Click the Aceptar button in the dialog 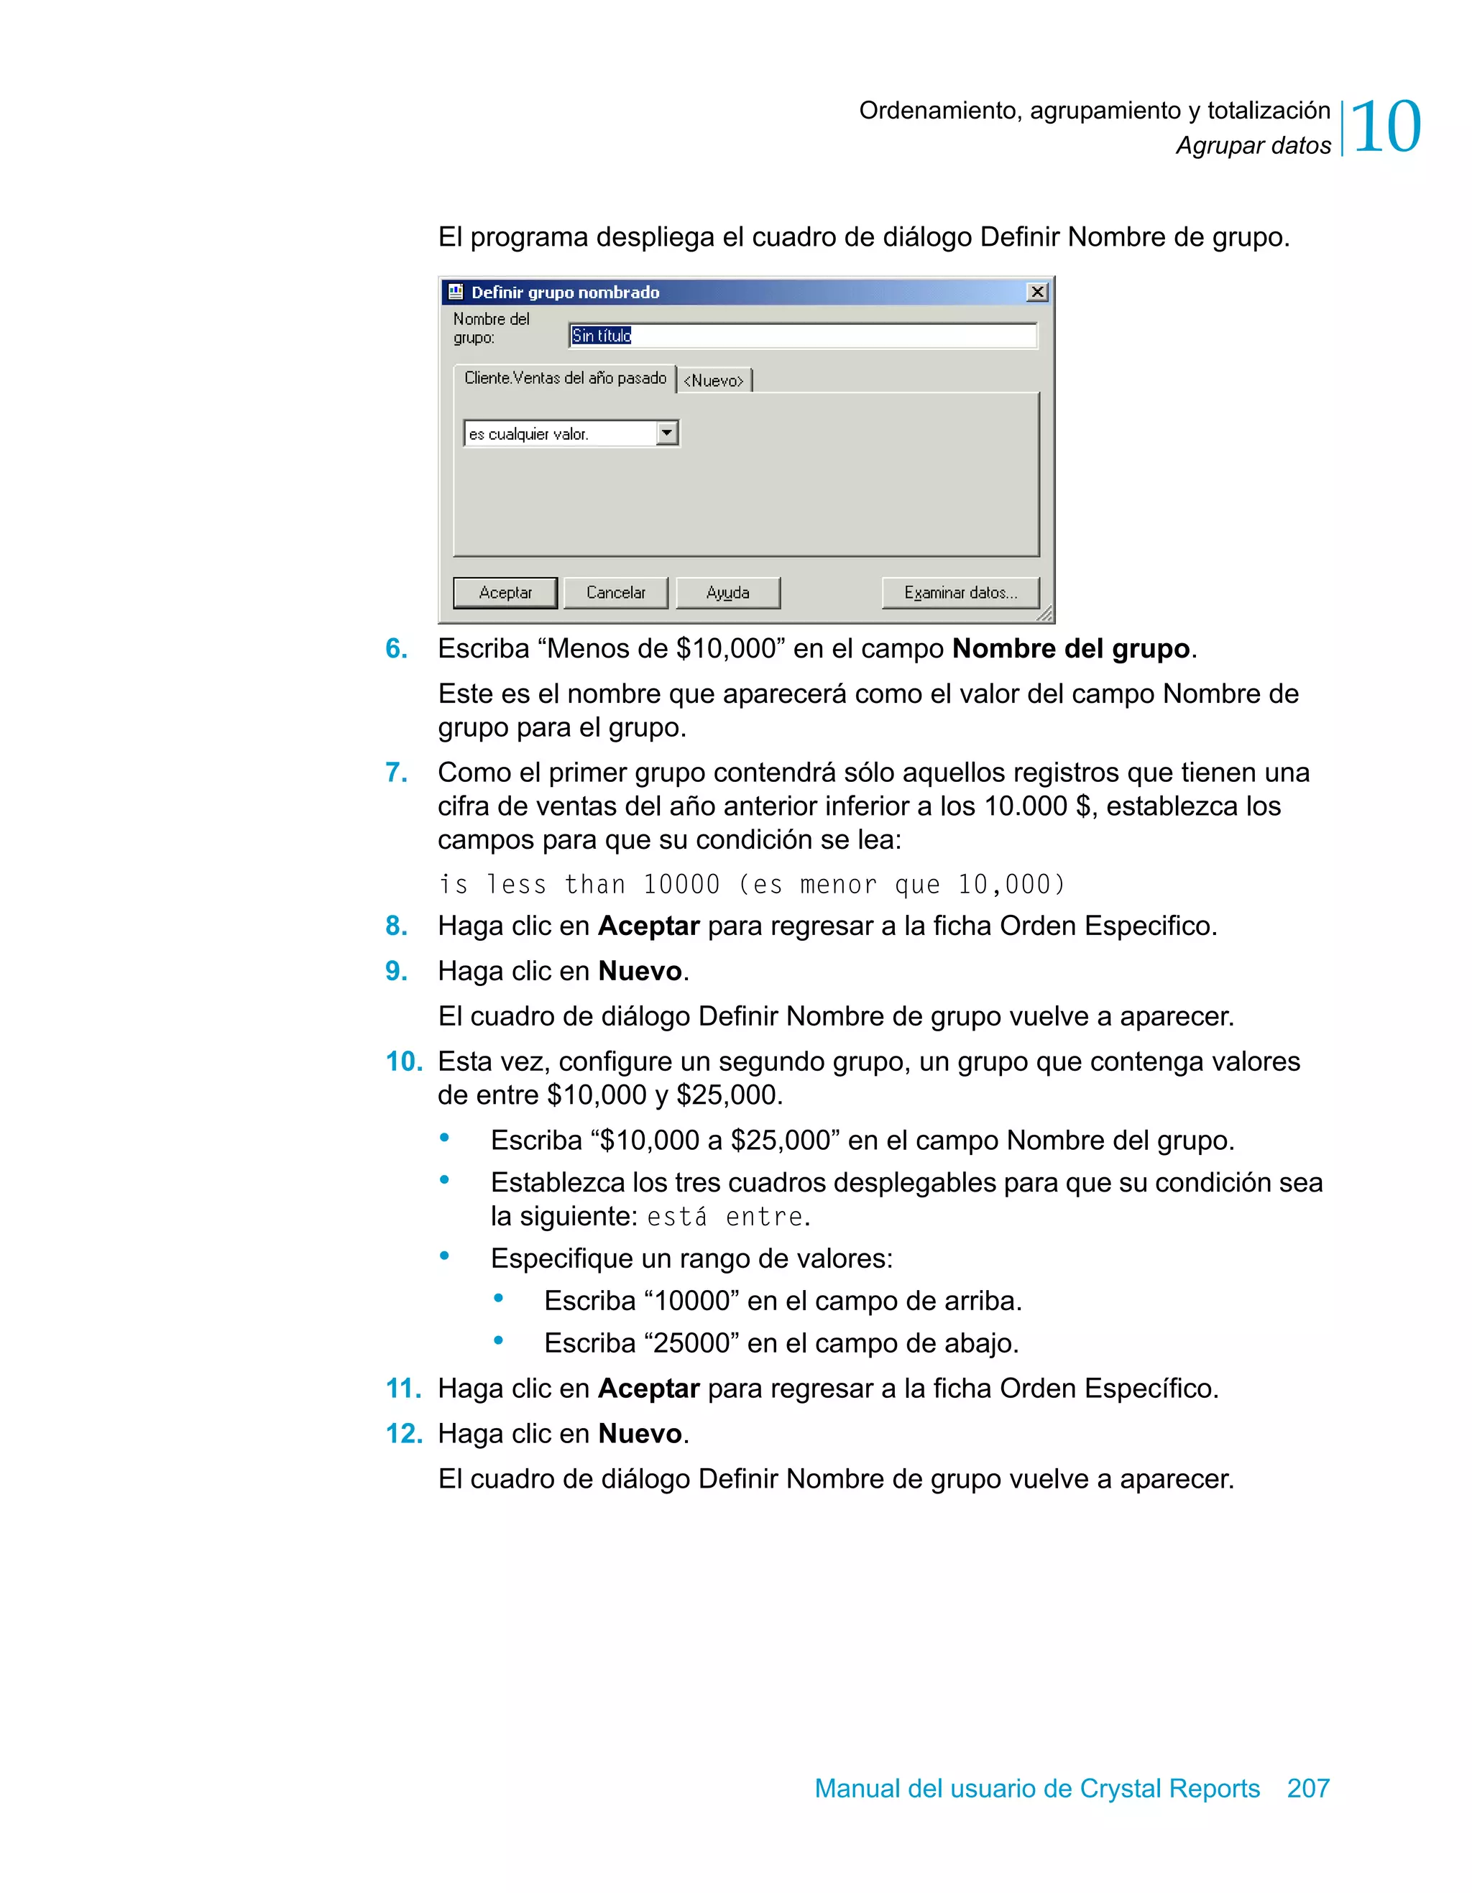(x=505, y=593)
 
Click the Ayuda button (x=727, y=593)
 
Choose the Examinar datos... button (x=960, y=593)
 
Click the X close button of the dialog (x=1037, y=292)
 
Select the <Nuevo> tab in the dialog (x=714, y=380)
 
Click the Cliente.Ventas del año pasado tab (x=565, y=378)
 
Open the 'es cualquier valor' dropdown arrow (x=667, y=433)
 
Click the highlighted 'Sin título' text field (x=802, y=336)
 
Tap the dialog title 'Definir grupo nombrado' (x=565, y=292)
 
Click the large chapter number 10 (x=1385, y=127)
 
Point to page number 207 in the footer (x=1307, y=1788)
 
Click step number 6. (x=396, y=648)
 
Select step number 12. (x=402, y=1434)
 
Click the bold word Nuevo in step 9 (x=640, y=971)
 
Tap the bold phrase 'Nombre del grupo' (x=1071, y=648)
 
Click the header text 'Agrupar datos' (x=1253, y=146)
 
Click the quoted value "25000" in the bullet (x=691, y=1342)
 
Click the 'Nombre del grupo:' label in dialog (x=491, y=328)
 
